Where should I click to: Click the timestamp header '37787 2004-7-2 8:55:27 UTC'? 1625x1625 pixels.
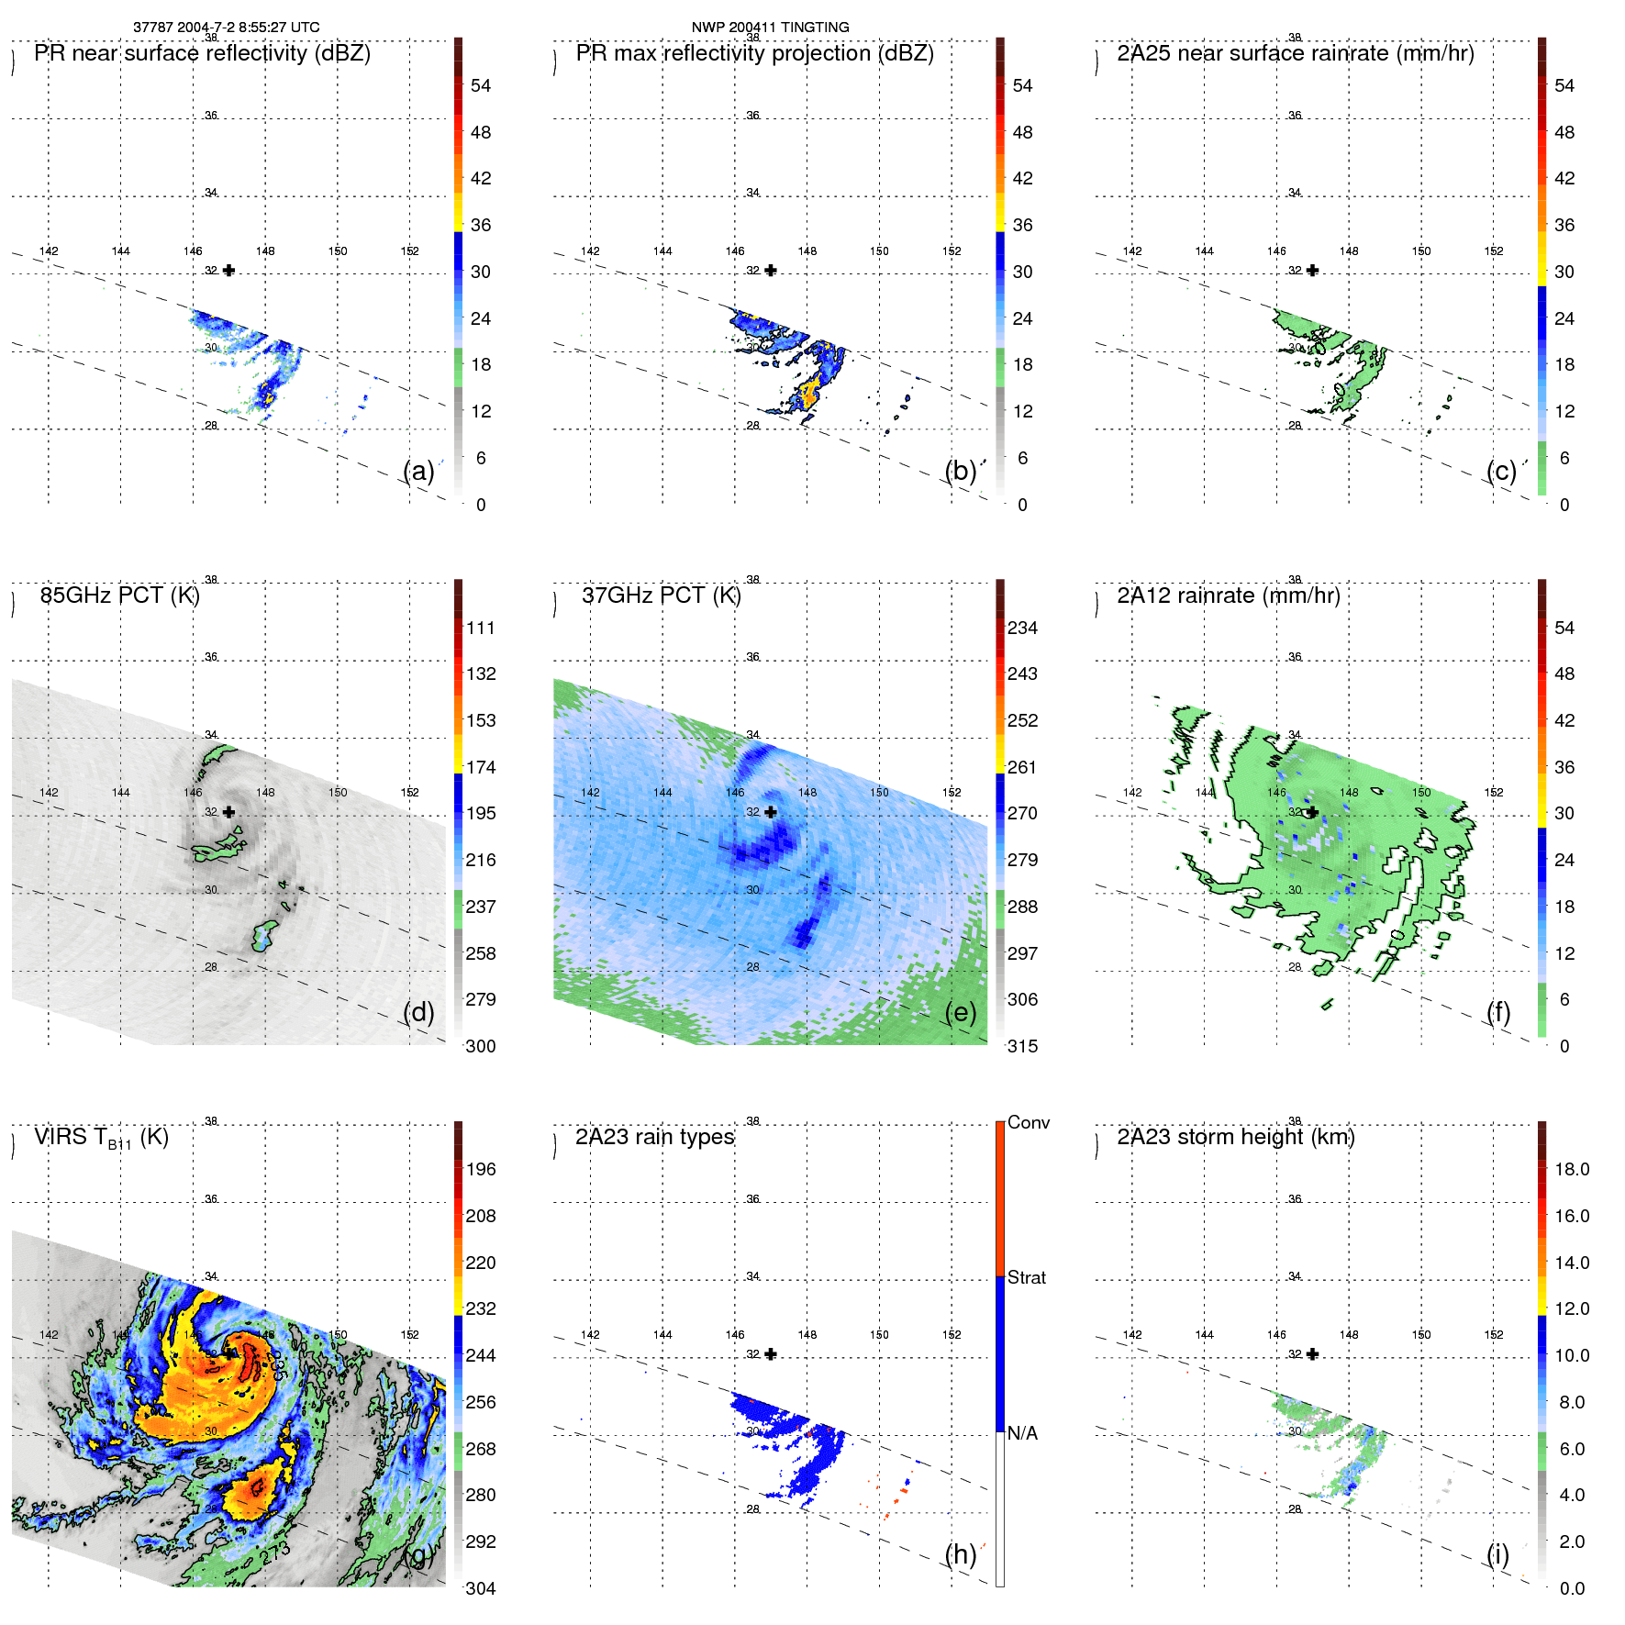[x=226, y=28]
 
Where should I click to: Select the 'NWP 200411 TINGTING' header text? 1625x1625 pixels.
[x=770, y=28]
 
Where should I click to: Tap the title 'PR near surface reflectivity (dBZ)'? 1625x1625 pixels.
[x=202, y=53]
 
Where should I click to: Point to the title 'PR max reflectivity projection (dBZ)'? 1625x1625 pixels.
[x=754, y=53]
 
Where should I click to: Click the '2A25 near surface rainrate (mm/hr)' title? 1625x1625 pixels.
[x=1295, y=53]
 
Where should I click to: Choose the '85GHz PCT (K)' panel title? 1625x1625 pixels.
[x=119, y=595]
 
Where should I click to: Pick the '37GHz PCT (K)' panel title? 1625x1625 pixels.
[x=661, y=595]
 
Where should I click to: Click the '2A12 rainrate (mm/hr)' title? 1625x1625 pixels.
[x=1228, y=595]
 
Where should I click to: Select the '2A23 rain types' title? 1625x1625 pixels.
[x=654, y=1138]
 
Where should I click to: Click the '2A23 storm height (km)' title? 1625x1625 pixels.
[x=1235, y=1138]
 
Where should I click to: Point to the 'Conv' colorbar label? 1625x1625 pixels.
[x=1028, y=1123]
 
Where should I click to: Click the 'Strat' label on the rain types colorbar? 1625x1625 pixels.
[x=1026, y=1278]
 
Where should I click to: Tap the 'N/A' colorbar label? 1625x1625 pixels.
[x=1021, y=1433]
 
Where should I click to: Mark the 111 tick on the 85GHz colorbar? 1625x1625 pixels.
[x=480, y=629]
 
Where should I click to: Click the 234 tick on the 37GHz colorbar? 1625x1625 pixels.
[x=1022, y=629]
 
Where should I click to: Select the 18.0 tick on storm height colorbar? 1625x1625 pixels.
[x=1571, y=1170]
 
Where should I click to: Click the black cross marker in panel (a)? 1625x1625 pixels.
[x=228, y=271]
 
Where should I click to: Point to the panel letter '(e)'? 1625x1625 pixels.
[x=960, y=1013]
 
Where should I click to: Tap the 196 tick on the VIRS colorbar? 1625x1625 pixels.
[x=480, y=1170]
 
